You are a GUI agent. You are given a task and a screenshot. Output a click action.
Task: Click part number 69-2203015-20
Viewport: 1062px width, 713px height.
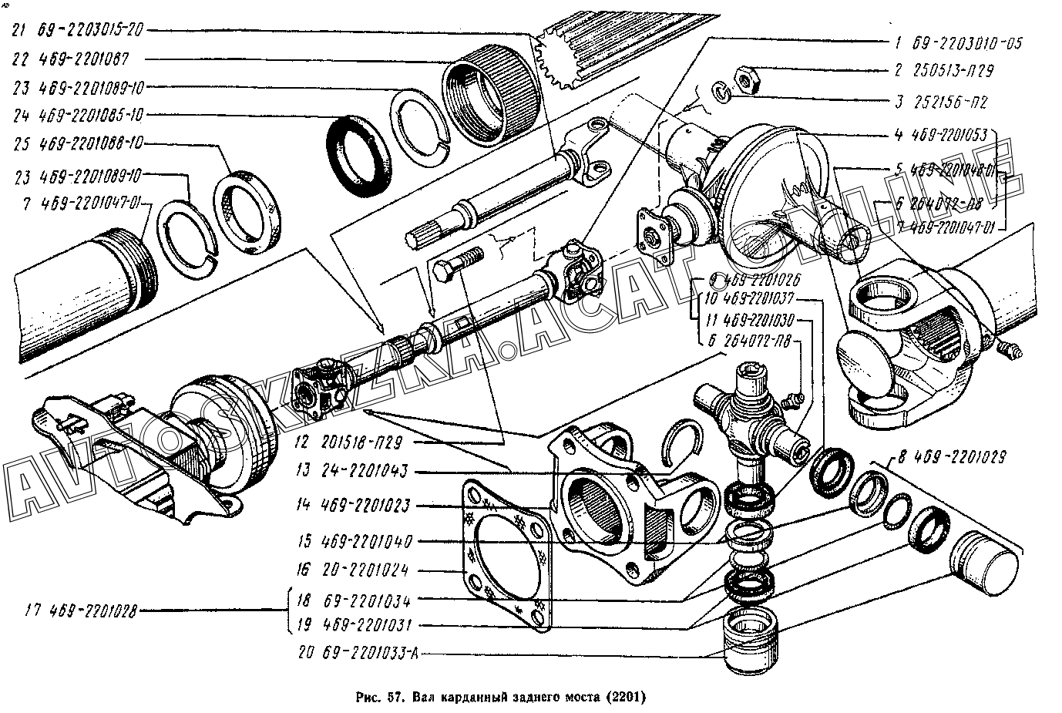pyautogui.click(x=96, y=31)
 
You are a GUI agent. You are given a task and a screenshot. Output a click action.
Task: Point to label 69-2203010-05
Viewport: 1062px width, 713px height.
pyautogui.click(x=967, y=43)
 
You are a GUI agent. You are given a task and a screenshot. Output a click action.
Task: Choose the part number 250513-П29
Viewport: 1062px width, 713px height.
pyautogui.click(x=953, y=71)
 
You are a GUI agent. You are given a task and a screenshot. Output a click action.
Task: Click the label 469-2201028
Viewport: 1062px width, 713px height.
pyautogui.click(x=92, y=612)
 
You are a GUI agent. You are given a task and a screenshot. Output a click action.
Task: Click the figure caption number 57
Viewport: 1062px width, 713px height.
pyautogui.click(x=396, y=698)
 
